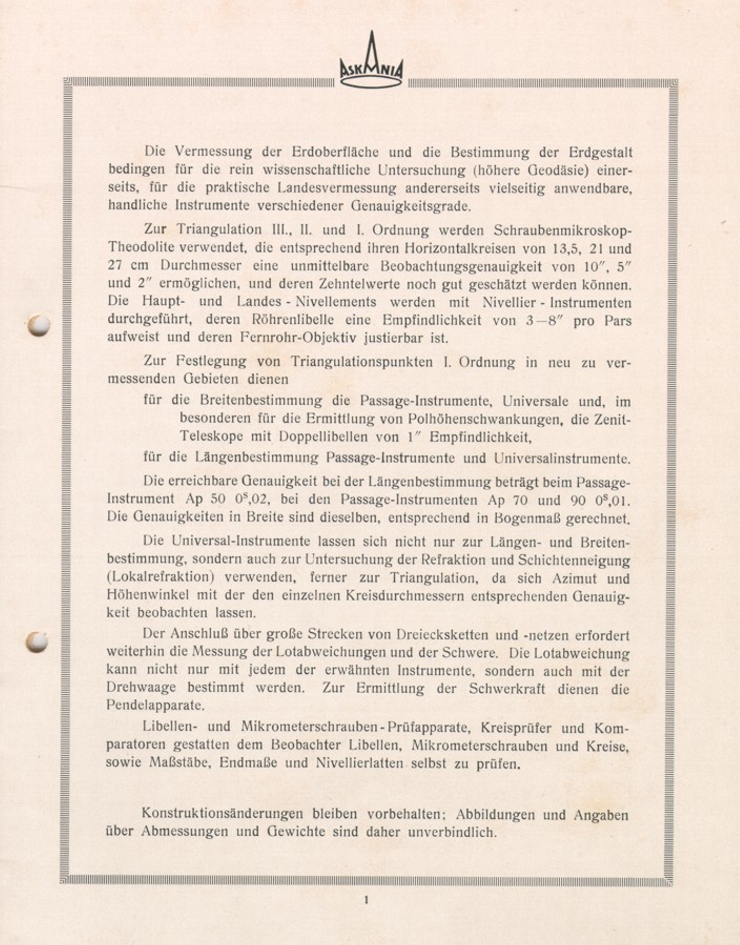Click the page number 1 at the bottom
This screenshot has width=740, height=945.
click(x=366, y=900)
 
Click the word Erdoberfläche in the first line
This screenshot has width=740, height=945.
click(x=335, y=152)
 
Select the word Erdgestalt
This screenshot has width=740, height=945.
click(x=600, y=153)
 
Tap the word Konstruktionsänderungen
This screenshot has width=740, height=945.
click(x=222, y=814)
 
